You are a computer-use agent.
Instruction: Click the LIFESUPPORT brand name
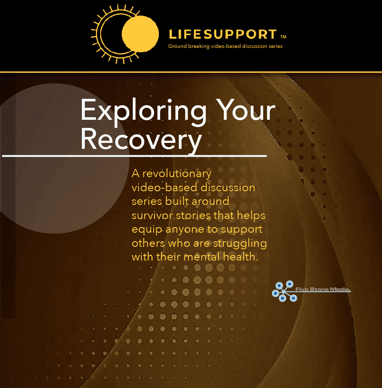223,34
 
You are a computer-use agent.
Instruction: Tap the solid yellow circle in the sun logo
140,34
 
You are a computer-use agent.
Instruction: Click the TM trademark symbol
284,37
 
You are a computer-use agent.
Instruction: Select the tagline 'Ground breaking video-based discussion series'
225,46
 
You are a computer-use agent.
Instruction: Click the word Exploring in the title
143,111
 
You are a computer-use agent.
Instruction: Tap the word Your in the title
245,110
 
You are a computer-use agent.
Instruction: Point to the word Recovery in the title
141,139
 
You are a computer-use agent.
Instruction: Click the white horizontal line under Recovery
134,156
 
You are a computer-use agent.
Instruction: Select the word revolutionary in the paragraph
177,174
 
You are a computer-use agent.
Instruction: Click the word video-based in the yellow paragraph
164,187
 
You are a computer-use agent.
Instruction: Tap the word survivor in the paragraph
152,215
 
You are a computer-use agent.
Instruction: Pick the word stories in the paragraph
192,215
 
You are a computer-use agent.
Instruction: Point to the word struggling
240,244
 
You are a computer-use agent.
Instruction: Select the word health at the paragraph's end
241,257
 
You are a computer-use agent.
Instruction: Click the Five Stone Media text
323,289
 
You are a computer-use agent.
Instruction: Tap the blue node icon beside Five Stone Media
284,291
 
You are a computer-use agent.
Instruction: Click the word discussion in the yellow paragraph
228,187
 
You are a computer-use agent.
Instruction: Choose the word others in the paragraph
148,243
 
